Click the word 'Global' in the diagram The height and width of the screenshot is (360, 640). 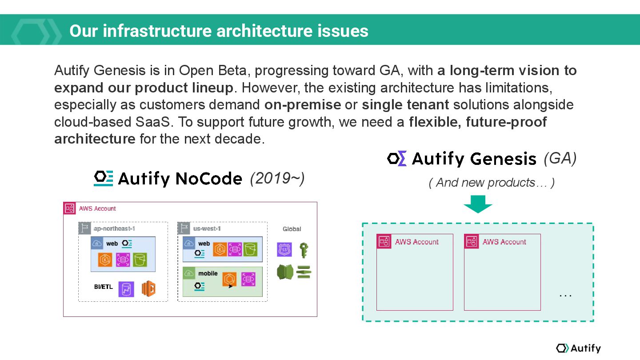click(x=292, y=229)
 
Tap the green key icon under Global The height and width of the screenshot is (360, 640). click(x=304, y=250)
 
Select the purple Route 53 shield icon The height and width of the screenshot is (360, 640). click(x=284, y=250)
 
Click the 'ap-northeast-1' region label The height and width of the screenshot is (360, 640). click(x=114, y=229)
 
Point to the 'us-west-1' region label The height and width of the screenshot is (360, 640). click(x=207, y=229)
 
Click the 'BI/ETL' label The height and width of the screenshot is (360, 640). click(x=103, y=287)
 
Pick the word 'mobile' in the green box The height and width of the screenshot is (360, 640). click(x=208, y=273)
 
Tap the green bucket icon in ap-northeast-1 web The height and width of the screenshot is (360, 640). click(x=140, y=260)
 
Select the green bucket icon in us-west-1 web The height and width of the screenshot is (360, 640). click(x=251, y=249)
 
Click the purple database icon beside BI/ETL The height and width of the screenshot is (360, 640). click(x=126, y=288)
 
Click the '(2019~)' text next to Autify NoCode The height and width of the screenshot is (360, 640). click(x=277, y=179)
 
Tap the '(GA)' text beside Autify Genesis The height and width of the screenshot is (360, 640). click(x=560, y=158)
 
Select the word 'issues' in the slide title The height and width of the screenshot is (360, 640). click(x=343, y=31)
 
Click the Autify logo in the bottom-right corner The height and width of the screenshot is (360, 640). click(x=578, y=348)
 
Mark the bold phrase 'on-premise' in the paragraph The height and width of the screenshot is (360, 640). click(x=303, y=105)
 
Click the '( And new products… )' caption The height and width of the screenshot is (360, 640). click(x=492, y=183)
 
